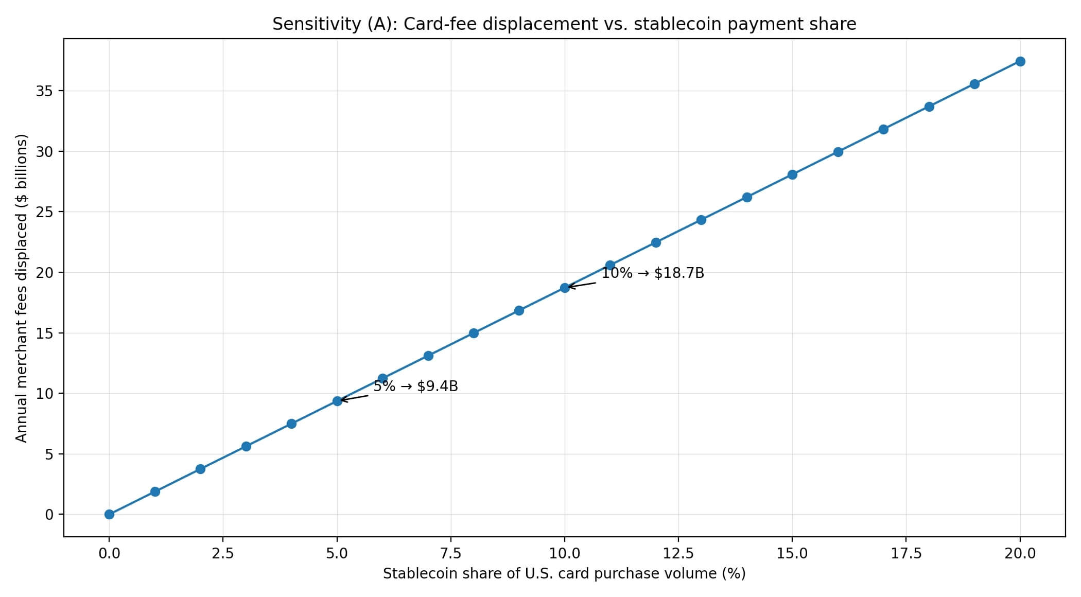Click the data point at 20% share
1020,62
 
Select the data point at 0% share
109,514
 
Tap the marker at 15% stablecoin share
792,174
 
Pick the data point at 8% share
474,333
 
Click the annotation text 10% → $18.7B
652,273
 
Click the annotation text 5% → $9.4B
415,387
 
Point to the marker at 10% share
565,288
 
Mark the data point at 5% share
337,401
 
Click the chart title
564,24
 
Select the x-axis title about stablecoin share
564,574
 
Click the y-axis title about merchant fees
21,288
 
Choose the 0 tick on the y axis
49,514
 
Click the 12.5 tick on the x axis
678,554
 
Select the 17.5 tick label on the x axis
906,554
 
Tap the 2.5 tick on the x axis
223,554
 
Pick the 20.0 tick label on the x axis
1020,554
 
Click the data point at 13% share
701,220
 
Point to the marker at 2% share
200,469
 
